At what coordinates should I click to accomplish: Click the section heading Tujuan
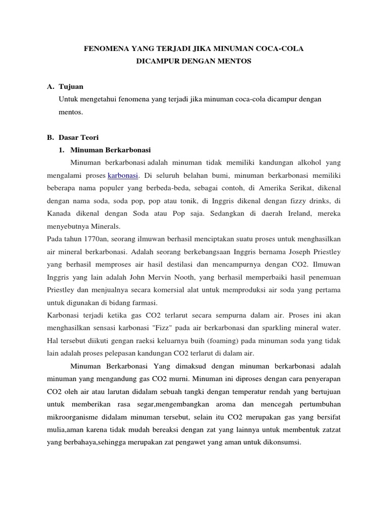click(x=71, y=87)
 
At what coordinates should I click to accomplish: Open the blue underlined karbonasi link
click(x=123, y=176)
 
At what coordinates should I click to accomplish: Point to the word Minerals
click(x=106, y=226)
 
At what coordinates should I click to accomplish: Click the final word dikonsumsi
click(x=282, y=442)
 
